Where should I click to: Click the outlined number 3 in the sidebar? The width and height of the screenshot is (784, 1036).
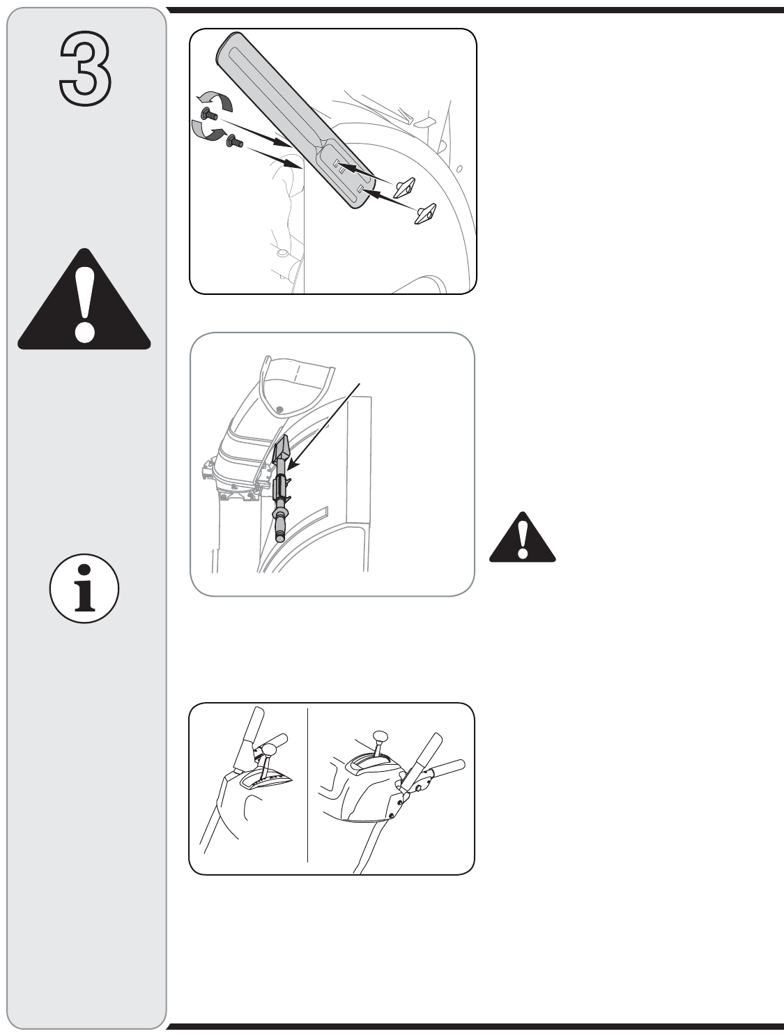tap(85, 68)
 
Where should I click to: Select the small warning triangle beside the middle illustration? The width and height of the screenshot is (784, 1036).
tap(522, 538)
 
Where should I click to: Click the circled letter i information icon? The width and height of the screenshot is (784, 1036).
tap(84, 588)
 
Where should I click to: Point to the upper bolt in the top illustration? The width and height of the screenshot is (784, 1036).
tap(209, 114)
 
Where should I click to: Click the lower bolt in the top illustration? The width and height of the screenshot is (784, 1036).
tap(235, 140)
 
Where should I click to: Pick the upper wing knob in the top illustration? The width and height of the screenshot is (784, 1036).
tap(404, 188)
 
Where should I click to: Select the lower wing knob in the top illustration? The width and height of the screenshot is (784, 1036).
tap(425, 213)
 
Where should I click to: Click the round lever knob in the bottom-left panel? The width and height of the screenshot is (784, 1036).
tap(270, 749)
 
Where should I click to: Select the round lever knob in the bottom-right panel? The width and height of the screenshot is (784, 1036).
tap(380, 737)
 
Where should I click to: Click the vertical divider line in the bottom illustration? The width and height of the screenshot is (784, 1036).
tap(307, 785)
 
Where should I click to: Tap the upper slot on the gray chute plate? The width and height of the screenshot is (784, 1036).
tap(339, 165)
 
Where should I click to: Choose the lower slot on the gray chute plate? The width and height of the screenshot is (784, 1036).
tap(360, 188)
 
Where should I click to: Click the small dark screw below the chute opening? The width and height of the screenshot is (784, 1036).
tap(279, 409)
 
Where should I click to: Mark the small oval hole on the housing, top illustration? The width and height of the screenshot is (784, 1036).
tap(459, 169)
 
